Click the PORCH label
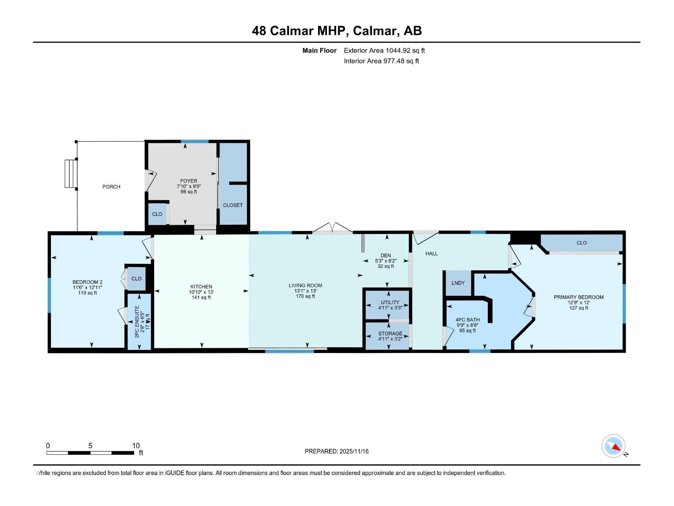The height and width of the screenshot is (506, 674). (111, 186)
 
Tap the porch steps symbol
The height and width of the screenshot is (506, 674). (70, 174)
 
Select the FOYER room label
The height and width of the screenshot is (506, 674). (189, 181)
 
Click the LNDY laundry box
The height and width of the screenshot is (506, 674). (458, 283)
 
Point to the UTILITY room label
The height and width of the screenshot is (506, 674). (390, 302)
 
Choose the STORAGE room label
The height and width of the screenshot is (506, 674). (390, 334)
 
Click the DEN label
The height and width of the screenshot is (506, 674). (385, 256)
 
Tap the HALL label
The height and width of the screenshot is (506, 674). (431, 253)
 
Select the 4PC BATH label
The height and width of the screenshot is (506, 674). (468, 320)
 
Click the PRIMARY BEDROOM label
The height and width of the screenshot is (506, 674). (578, 297)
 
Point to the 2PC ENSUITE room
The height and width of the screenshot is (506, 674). (139, 321)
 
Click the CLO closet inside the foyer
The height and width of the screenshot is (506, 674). (157, 214)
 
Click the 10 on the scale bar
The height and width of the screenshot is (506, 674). (136, 446)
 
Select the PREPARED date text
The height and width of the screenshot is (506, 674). (337, 451)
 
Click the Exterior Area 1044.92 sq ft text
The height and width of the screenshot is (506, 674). (384, 51)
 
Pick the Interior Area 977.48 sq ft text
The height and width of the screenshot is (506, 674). (381, 61)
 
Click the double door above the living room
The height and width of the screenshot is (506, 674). (332, 229)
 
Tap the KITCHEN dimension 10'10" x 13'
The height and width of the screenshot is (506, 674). (201, 292)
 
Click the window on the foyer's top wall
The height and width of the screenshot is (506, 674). (195, 142)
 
